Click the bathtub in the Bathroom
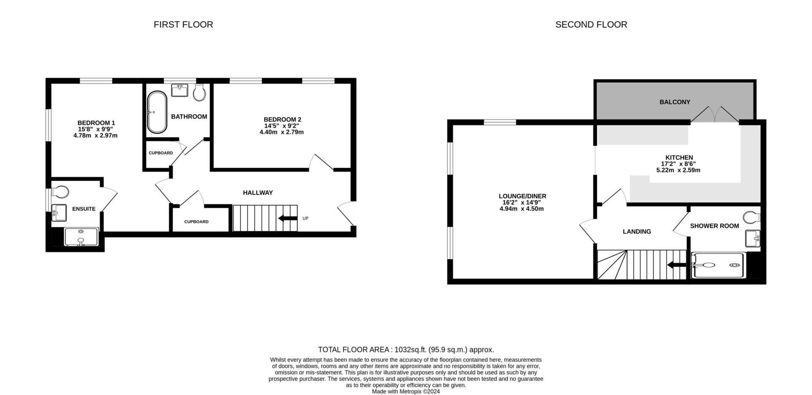pos(157,112)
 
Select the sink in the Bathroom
pos(180,90)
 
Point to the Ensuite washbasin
pos(59,213)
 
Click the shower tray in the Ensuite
pos(81,237)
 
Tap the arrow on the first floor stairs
pos(288,218)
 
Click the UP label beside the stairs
pos(305,218)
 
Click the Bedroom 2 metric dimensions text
pos(282,132)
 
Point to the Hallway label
pos(258,193)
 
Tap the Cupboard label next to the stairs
pos(196,222)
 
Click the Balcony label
pos(675,102)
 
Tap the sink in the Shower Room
pos(753,239)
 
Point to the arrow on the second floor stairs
pos(677,265)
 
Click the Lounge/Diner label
pos(522,196)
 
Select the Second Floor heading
pos(591,25)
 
